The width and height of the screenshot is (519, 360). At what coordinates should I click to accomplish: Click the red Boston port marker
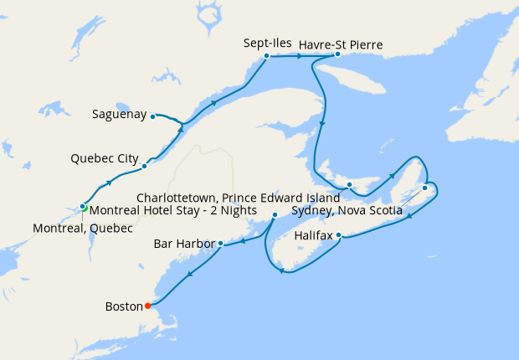tap(148, 306)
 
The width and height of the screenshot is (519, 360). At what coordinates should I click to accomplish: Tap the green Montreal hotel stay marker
tap(85, 208)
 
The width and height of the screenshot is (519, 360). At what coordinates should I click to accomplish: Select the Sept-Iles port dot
tap(266, 56)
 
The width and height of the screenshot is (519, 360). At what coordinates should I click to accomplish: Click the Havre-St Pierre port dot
tap(337, 54)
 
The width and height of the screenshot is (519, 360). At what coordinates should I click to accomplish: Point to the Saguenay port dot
tap(152, 116)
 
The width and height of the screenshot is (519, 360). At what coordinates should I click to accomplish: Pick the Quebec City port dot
tap(144, 166)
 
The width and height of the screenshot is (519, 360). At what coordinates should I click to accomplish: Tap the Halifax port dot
tap(338, 236)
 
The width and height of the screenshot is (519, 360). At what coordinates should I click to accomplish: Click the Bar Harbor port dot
tap(219, 244)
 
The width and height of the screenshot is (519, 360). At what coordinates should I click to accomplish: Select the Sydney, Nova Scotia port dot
tap(424, 188)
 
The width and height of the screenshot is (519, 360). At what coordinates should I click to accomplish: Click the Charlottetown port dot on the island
tap(349, 185)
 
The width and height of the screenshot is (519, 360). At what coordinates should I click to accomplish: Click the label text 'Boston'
tap(124, 306)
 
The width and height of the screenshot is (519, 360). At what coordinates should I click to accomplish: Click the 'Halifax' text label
tap(315, 237)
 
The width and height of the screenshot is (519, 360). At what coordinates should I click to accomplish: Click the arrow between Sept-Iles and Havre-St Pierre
tap(299, 56)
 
